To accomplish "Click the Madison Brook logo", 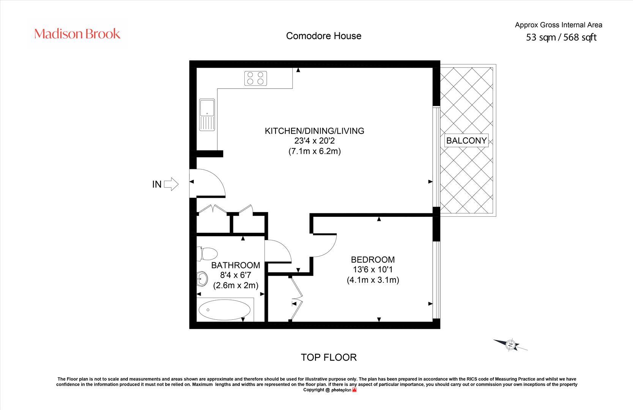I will (x=77, y=34).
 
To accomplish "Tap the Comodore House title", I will (x=323, y=36).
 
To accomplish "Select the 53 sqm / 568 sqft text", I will (x=561, y=38).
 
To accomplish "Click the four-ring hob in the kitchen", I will (x=255, y=78).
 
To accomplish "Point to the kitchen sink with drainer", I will (x=207, y=115).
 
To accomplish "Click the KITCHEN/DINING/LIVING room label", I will (x=314, y=131).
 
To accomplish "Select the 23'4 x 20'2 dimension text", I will (x=314, y=141).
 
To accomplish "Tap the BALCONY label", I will (x=466, y=140).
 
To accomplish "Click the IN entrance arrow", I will (x=172, y=184).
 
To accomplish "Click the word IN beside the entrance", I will (x=157, y=184).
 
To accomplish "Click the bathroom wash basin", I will (x=202, y=279).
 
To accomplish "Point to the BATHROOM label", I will (x=235, y=265).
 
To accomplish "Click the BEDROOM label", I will (x=373, y=260).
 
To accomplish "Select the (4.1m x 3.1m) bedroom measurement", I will (x=373, y=280).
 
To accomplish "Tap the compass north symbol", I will (x=511, y=345).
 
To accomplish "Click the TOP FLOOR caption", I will (x=329, y=357).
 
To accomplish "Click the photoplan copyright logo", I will (x=343, y=390).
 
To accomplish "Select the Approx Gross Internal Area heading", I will (x=558, y=25).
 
